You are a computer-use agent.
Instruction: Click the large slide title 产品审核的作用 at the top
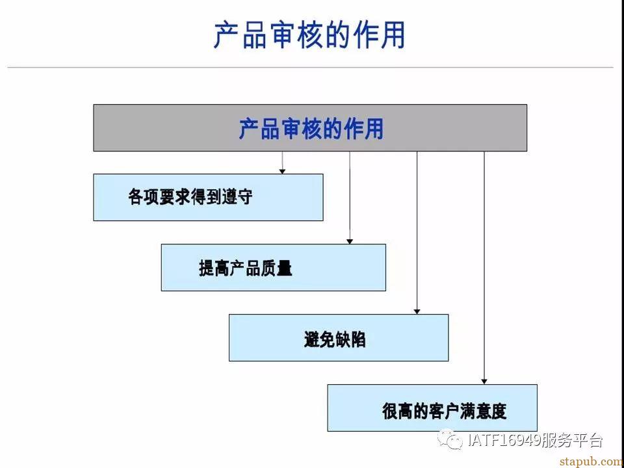click(309, 35)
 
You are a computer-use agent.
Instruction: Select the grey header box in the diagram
click(310, 128)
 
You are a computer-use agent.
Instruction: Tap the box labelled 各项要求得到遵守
click(208, 197)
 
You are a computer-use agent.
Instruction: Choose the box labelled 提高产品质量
click(274, 267)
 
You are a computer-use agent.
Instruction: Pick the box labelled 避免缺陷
click(339, 337)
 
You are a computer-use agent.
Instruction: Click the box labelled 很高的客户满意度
click(432, 408)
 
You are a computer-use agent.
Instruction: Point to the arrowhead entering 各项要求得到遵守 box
click(282, 171)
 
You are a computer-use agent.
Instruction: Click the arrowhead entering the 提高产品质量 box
click(350, 241)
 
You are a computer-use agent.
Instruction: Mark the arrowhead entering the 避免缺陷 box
click(417, 311)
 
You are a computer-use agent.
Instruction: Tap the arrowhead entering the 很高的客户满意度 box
click(484, 382)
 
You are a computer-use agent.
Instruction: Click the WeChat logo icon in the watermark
click(450, 439)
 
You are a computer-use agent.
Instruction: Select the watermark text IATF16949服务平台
click(535, 440)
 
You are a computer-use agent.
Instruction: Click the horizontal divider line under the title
click(310, 67)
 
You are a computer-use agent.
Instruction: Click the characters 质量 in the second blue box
click(277, 269)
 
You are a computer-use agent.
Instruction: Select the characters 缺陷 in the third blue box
click(350, 339)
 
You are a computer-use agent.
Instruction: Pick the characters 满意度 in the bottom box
click(483, 410)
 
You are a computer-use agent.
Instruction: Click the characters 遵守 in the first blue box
click(237, 196)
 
